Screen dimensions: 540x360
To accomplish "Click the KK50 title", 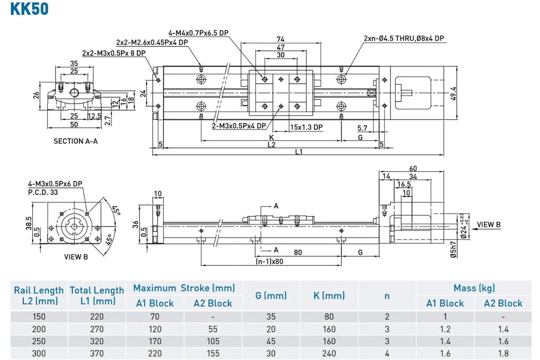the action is (x=29, y=9).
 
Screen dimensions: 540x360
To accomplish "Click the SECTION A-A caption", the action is (x=76, y=141).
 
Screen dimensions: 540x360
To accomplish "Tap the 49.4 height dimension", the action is (x=453, y=94).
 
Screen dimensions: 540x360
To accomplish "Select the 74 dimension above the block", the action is (x=281, y=39).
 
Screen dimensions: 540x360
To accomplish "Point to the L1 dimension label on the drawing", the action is (x=299, y=152).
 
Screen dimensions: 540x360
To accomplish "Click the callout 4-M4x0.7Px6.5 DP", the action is (x=198, y=33).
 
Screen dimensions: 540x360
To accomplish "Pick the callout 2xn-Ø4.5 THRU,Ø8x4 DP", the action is (x=404, y=38).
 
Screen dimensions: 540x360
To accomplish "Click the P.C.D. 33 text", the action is (x=43, y=193).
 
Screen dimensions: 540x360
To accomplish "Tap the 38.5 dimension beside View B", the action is (x=29, y=223).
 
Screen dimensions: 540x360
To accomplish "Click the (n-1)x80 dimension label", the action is (x=269, y=261).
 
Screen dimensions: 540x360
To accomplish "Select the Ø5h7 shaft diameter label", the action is (x=454, y=250).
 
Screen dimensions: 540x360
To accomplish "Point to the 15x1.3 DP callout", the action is (x=306, y=127).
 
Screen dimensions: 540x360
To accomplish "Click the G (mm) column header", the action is (x=271, y=295).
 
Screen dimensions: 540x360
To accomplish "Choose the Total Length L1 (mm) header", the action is (x=97, y=295).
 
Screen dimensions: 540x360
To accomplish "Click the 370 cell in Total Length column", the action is (x=97, y=353).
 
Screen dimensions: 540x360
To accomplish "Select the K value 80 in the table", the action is (x=329, y=316).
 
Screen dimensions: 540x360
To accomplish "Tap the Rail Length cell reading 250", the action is (x=39, y=341).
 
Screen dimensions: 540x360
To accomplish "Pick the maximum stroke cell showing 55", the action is (x=213, y=329).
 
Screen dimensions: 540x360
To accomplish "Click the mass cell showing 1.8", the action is (x=504, y=353).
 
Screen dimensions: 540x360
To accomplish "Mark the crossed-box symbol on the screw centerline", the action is (x=372, y=93).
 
